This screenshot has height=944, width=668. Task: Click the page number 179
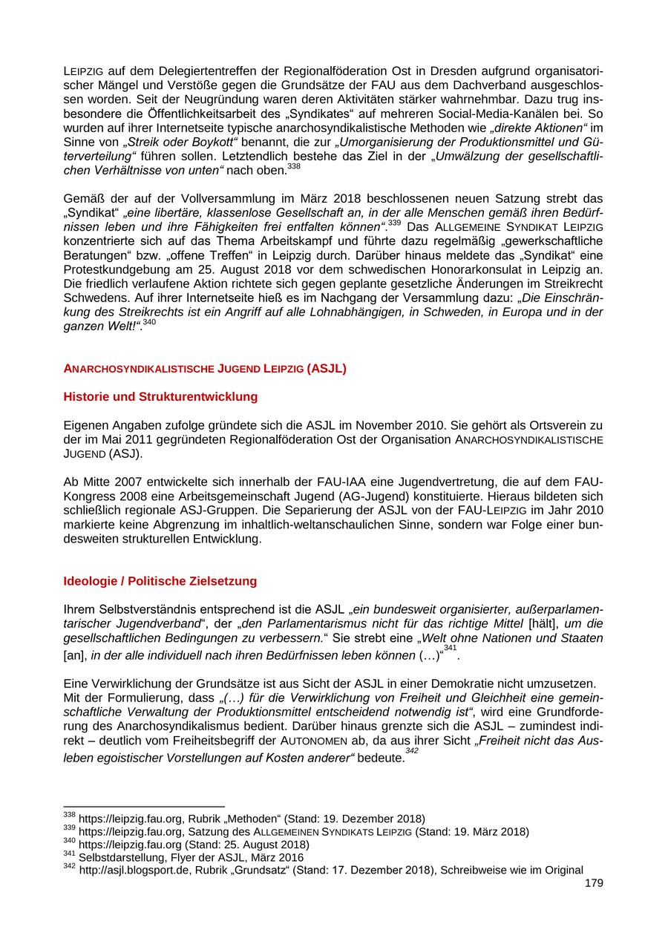[594, 883]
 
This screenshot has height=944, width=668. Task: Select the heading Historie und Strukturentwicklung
[160, 397]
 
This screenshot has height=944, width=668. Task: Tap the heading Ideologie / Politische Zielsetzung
[160, 581]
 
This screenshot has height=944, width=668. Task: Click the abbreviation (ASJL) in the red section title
[326, 368]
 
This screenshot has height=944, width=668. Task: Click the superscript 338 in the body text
[294, 167]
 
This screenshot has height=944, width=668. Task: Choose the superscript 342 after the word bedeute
[412, 750]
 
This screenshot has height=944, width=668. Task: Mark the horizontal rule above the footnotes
[144, 806]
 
